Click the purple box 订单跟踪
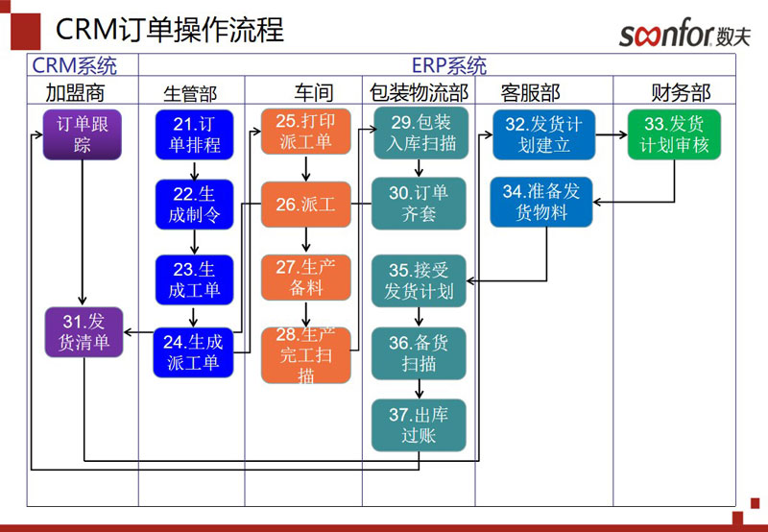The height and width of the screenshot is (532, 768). [83, 134]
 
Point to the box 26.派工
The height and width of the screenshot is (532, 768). [306, 205]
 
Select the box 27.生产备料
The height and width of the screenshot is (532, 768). [306, 278]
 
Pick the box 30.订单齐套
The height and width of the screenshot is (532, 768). [419, 203]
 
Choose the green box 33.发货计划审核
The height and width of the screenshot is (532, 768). [674, 134]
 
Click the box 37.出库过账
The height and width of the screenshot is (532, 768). [419, 425]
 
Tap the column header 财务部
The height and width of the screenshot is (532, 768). [681, 92]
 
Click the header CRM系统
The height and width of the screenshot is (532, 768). [75, 66]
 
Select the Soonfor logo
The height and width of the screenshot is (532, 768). [684, 35]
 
